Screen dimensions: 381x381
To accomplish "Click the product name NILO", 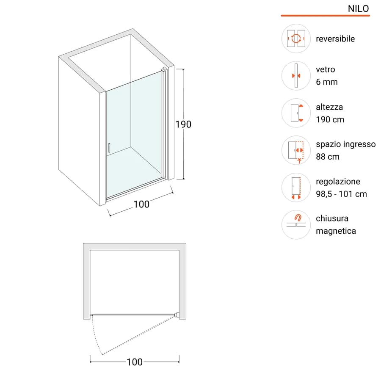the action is (358, 9).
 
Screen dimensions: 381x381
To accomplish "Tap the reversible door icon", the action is (296, 39).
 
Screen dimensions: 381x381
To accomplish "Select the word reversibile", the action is (335, 39).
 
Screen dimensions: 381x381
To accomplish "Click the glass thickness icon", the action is (296, 76).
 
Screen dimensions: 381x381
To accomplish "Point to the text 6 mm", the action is (327, 82).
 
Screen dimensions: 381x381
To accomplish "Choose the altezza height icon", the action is (296, 113).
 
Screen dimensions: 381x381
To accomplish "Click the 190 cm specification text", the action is (330, 119).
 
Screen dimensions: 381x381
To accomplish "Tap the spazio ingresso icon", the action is (296, 150).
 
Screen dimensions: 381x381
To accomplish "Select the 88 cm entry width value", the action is (328, 157).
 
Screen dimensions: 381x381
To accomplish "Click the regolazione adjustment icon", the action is (296, 188).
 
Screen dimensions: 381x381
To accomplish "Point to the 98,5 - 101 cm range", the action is (341, 194).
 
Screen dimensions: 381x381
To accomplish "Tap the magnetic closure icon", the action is (296, 224).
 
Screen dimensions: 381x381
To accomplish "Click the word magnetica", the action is (336, 231).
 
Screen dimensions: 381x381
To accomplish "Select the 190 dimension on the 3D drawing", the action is (183, 124).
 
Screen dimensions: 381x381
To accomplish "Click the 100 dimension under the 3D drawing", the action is (141, 204).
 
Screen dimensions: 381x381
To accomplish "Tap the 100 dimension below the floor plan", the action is (135, 362).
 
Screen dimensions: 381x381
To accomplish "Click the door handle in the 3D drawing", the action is (109, 148).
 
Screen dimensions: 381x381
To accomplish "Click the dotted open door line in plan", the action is (138, 335).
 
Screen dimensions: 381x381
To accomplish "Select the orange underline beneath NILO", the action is (326, 16).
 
